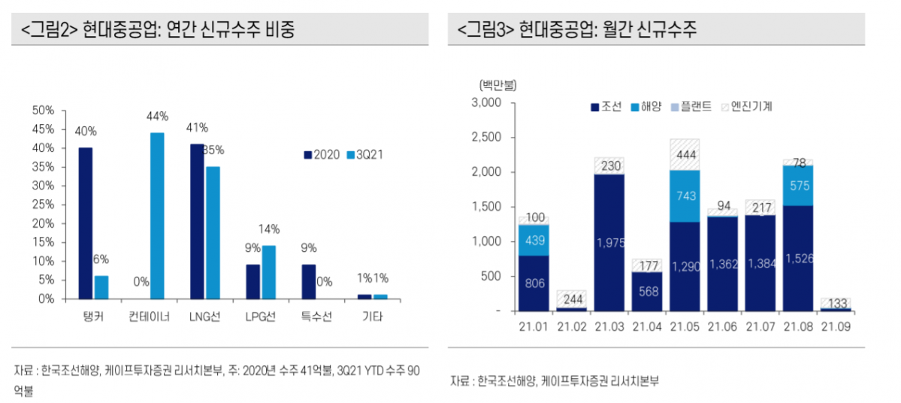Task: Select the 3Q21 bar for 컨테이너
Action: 157,216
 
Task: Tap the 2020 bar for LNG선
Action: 197,221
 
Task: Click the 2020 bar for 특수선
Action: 309,281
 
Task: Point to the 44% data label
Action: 157,117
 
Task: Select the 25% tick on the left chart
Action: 44,205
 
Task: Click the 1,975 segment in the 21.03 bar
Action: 609,242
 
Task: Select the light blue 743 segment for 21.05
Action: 685,196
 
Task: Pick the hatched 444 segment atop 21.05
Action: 685,155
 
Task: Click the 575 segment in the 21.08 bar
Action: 798,186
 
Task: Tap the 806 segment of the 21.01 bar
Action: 533,283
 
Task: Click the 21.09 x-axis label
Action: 836,327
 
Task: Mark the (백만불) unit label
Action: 493,85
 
